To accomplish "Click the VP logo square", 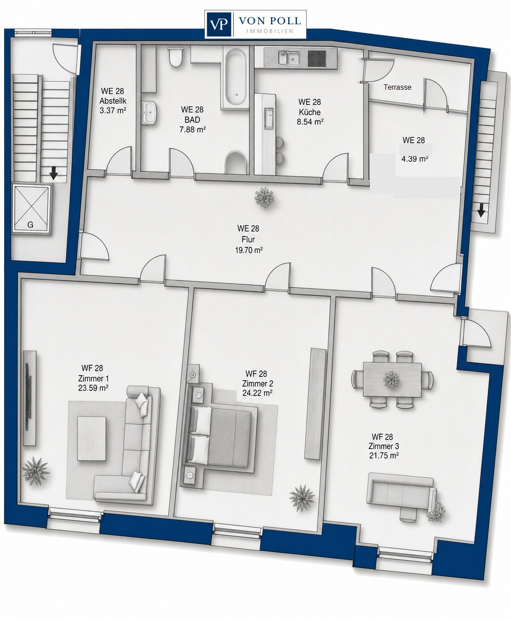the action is pyautogui.click(x=219, y=24).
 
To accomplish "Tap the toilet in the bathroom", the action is pyautogui.click(x=175, y=57).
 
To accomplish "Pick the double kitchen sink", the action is pyautogui.click(x=288, y=58).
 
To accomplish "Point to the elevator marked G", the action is pyautogui.click(x=31, y=209).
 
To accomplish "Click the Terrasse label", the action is pyautogui.click(x=397, y=87).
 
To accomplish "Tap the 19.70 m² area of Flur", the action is pyautogui.click(x=249, y=250).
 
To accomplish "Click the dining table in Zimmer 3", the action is pyautogui.click(x=392, y=380).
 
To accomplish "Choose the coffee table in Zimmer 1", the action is pyautogui.click(x=91, y=439).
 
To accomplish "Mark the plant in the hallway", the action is pyautogui.click(x=264, y=197).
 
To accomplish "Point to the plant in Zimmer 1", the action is pyautogui.click(x=35, y=471).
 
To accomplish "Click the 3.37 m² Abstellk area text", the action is pyautogui.click(x=113, y=111).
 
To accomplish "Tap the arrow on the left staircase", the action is pyautogui.click(x=53, y=173).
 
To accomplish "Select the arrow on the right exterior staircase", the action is pyautogui.click(x=481, y=210).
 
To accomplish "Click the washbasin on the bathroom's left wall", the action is pyautogui.click(x=149, y=113).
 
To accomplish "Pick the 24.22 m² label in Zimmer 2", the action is pyautogui.click(x=257, y=393).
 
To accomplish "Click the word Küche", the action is pyautogui.click(x=310, y=112).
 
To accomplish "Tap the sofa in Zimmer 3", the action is pyautogui.click(x=401, y=500).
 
